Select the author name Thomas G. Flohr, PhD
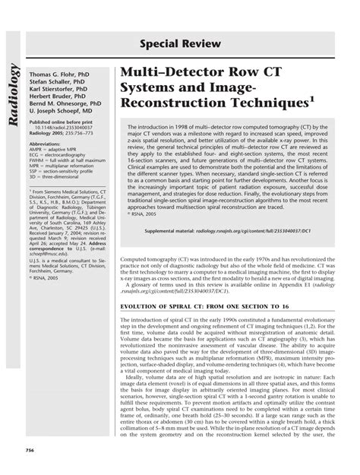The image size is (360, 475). [58, 76]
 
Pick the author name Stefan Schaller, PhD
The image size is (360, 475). [58, 84]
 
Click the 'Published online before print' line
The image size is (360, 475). [62, 126]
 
